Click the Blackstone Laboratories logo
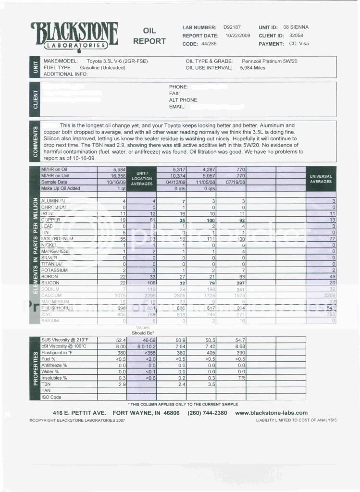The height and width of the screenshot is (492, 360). point(74,35)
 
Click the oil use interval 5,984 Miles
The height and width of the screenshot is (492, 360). point(252,68)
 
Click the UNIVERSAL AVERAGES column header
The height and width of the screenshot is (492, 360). point(321,179)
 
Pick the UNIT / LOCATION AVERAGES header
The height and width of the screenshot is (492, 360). point(142,178)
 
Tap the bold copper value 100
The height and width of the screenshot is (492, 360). point(209,220)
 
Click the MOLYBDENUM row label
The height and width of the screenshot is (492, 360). point(57,238)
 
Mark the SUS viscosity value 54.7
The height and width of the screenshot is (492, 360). point(239,339)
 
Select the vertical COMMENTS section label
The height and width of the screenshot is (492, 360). point(35,141)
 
